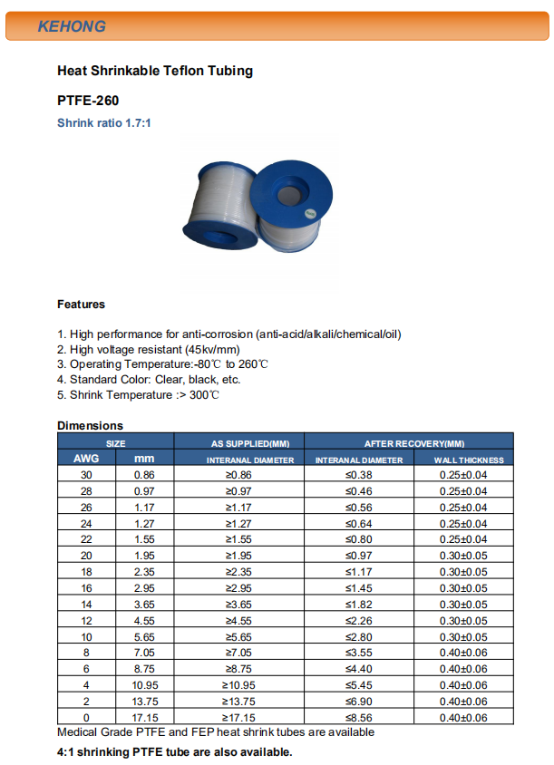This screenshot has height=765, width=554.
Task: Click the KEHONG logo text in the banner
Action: (72, 26)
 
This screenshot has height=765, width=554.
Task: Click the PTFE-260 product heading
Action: (88, 101)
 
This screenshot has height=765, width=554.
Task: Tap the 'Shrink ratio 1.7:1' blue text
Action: (104, 122)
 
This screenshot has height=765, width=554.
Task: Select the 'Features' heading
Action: (81, 305)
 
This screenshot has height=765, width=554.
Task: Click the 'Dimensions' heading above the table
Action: (90, 425)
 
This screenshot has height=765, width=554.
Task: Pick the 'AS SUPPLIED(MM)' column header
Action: (250, 443)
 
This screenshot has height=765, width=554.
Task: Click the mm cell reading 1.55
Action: (145, 539)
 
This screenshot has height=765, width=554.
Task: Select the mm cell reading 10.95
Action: (145, 685)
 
